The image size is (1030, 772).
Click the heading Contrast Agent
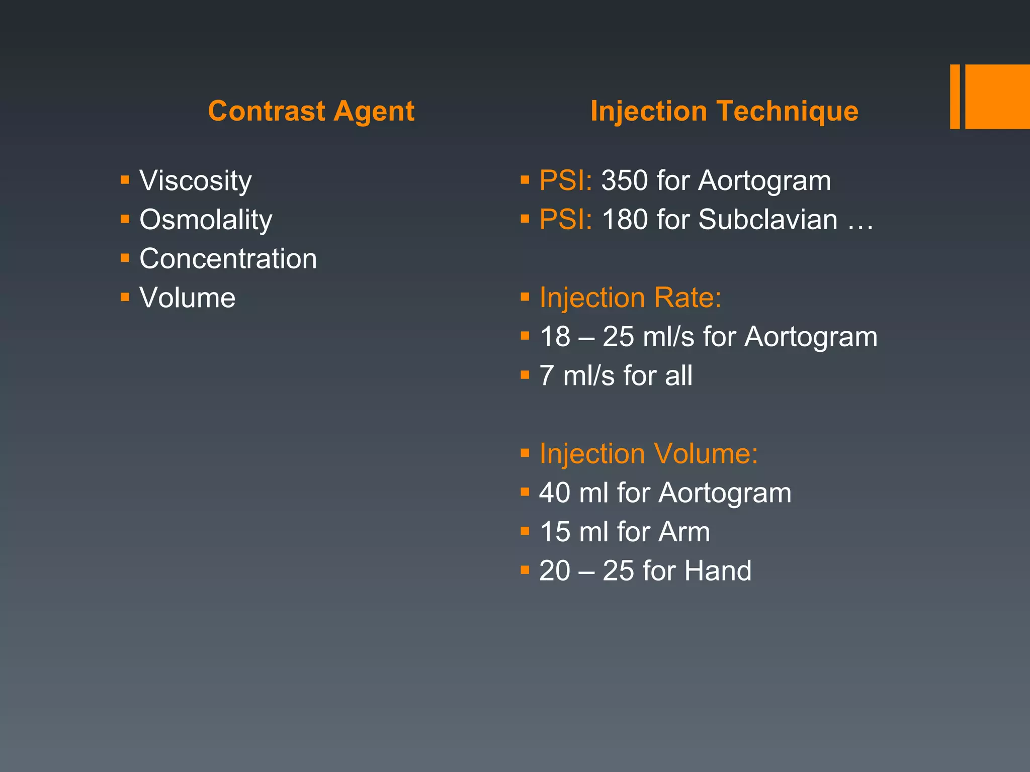click(311, 111)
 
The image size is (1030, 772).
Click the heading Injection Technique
click(724, 111)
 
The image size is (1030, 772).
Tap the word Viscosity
click(195, 180)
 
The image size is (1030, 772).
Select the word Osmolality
click(206, 220)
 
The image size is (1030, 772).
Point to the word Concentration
click(228, 259)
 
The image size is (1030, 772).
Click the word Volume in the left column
click(187, 298)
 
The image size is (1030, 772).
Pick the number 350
click(625, 180)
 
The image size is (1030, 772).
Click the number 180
click(625, 220)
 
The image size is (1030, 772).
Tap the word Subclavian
click(767, 220)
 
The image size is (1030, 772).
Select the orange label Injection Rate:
click(630, 298)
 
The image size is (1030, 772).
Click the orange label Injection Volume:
click(648, 453)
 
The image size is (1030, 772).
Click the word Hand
click(718, 571)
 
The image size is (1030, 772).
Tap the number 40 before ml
click(554, 493)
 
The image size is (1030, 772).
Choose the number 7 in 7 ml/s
click(547, 376)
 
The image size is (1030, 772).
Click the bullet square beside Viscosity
click(125, 179)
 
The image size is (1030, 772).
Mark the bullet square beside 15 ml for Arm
click(525, 531)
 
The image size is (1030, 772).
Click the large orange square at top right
click(997, 96)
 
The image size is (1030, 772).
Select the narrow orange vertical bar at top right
click(955, 96)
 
